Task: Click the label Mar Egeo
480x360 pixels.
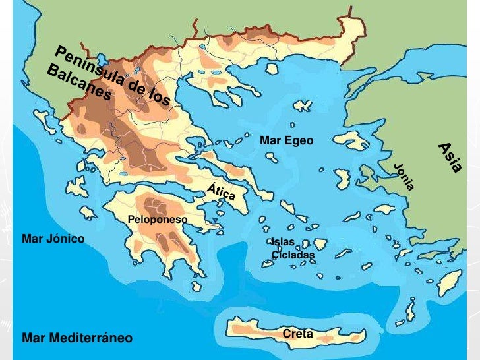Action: [x=287, y=140]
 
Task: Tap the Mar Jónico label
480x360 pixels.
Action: [x=53, y=238]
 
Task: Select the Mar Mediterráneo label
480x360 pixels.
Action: [x=77, y=338]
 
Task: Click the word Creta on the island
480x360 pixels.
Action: [x=297, y=334]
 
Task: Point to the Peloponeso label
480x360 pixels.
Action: [x=158, y=219]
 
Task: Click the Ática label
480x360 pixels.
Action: [x=221, y=191]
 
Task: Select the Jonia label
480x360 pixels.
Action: [x=404, y=176]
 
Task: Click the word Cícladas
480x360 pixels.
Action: [x=293, y=255]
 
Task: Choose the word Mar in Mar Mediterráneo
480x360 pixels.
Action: [x=32, y=338]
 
